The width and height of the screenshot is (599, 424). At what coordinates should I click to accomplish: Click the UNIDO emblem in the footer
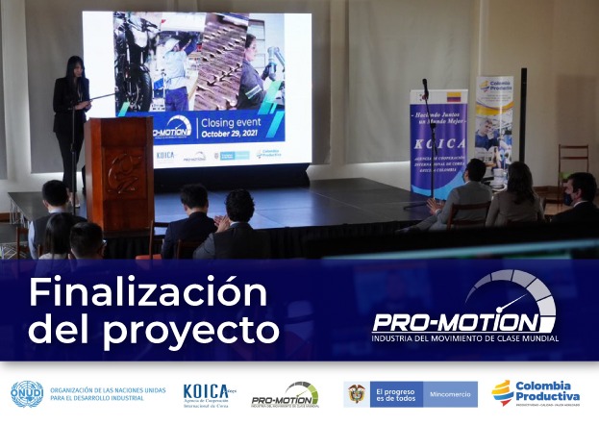[26, 393]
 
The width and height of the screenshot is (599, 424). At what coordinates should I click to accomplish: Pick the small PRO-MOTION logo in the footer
[285, 394]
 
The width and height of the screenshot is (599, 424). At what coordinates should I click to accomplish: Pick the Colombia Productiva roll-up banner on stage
[493, 125]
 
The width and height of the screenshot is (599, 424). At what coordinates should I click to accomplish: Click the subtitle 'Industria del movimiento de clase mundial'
[465, 338]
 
